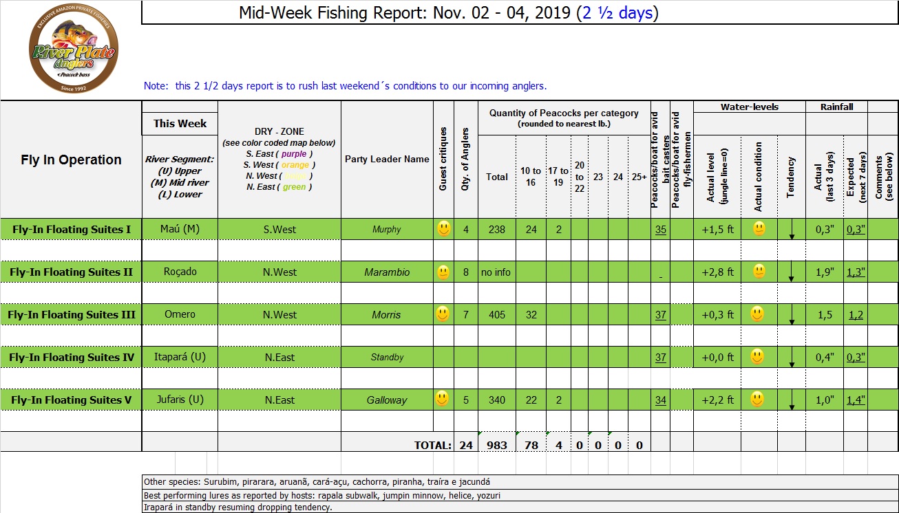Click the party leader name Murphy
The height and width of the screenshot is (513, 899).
click(x=386, y=230)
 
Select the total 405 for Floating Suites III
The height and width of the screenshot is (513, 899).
click(x=496, y=315)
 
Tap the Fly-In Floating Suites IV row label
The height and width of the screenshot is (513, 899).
click(x=71, y=358)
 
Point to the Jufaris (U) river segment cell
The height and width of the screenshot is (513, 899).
click(x=180, y=400)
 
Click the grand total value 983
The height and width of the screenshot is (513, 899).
click(x=496, y=445)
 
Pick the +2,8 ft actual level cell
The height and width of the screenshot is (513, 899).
click(x=717, y=272)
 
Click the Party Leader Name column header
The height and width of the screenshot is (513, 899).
click(x=387, y=159)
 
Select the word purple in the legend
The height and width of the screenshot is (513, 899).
click(x=294, y=154)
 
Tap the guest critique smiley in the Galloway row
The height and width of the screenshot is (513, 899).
click(x=443, y=398)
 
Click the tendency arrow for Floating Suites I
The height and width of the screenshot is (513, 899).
click(x=792, y=232)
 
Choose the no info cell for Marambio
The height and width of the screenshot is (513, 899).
click(x=496, y=272)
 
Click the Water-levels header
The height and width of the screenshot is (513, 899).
click(x=749, y=107)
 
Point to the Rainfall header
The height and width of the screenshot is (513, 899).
click(x=836, y=107)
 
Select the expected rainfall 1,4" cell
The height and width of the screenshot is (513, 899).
click(x=856, y=400)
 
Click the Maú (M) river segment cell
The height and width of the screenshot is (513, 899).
click(x=180, y=229)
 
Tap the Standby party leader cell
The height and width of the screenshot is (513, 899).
click(x=387, y=358)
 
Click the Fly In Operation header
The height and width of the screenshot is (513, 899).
click(x=71, y=160)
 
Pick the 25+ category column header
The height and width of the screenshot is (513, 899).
click(x=639, y=177)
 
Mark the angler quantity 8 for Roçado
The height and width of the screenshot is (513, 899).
click(x=466, y=272)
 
